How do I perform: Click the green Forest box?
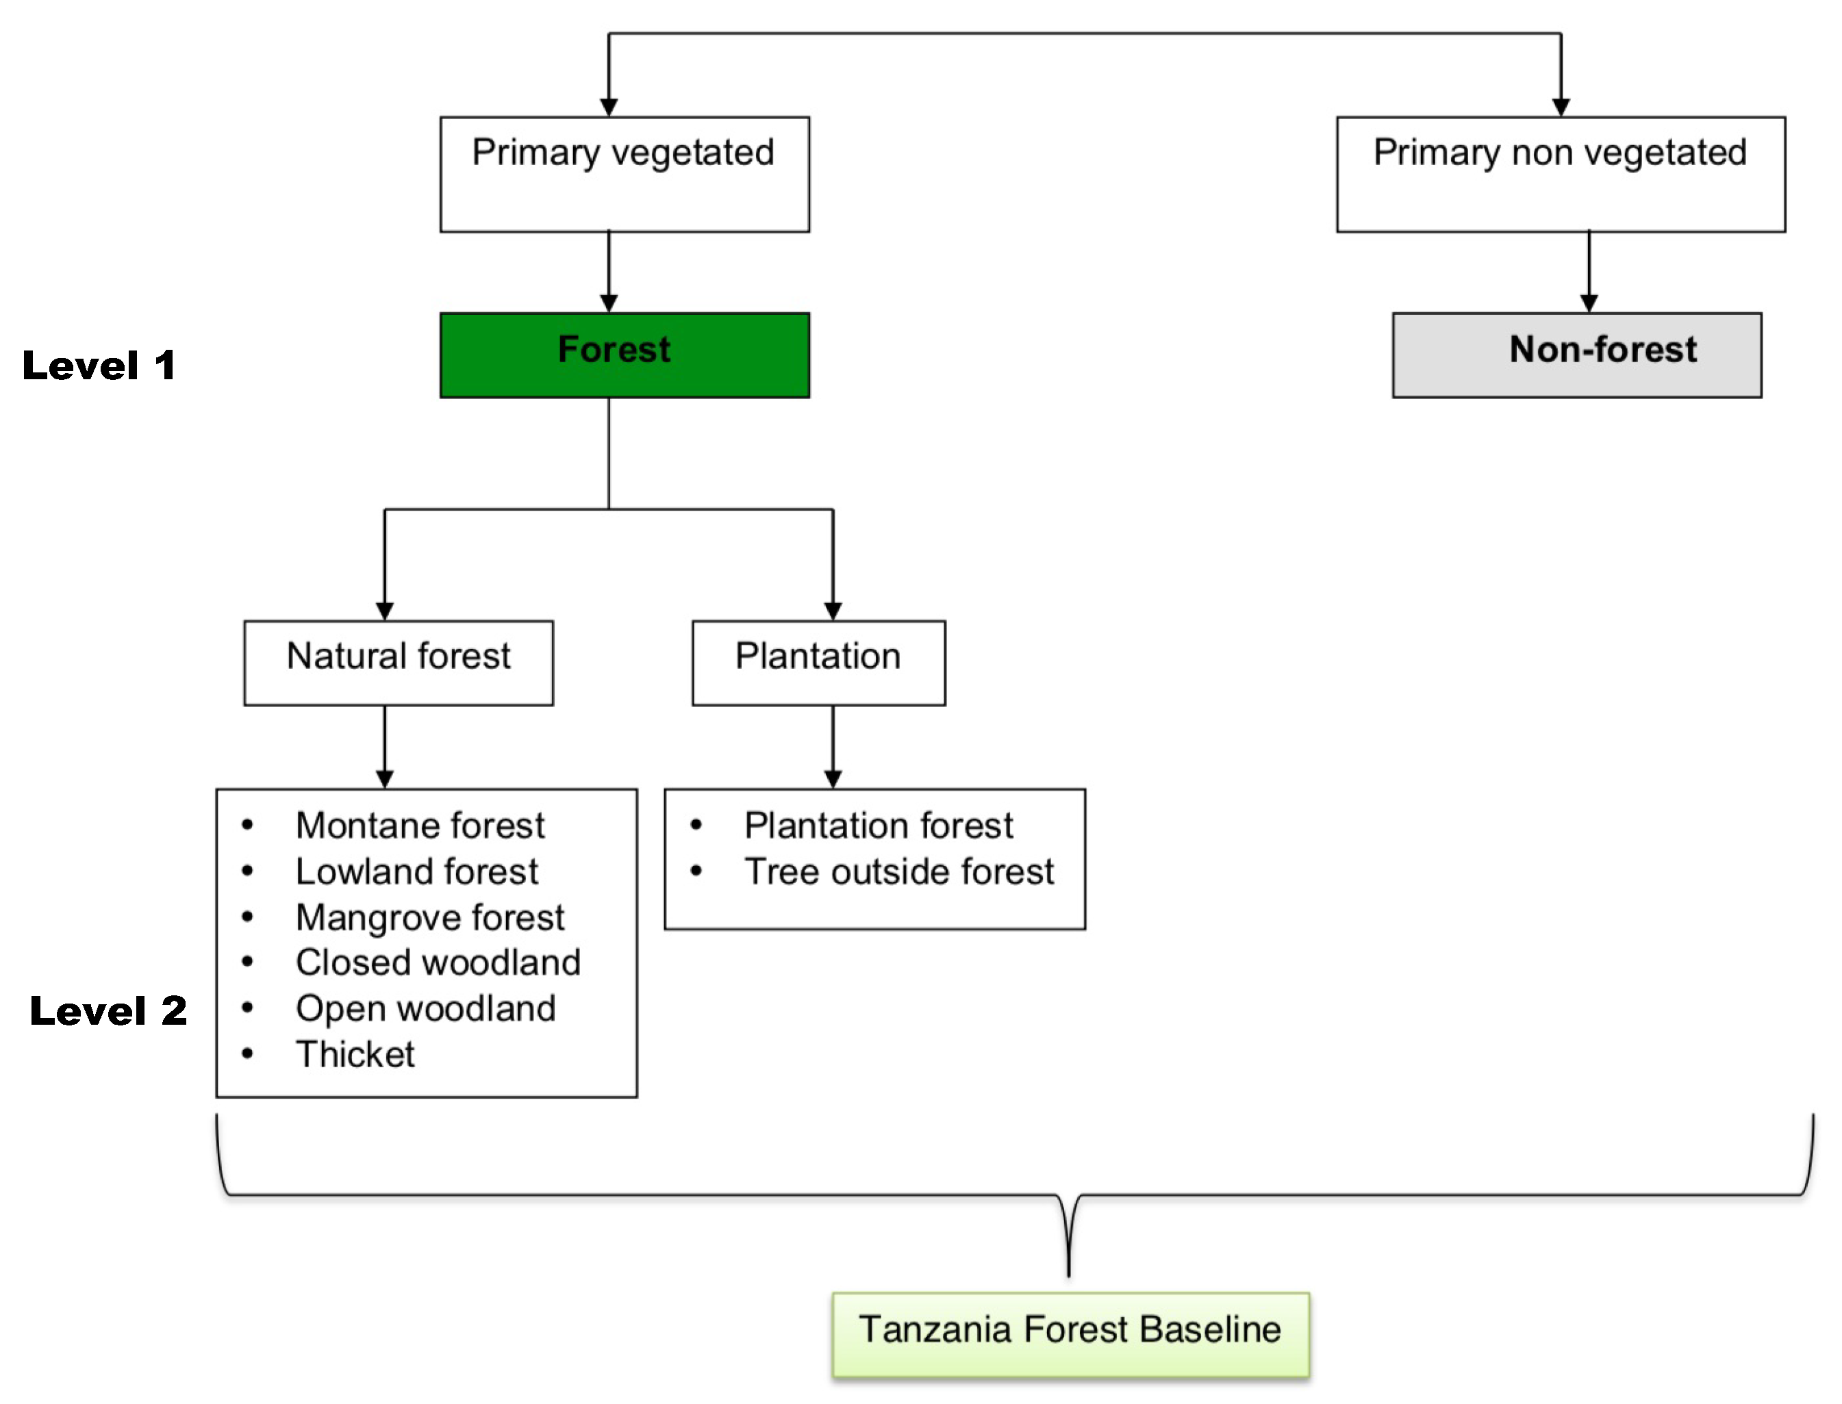[624, 355]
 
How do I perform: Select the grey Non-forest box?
[1576, 355]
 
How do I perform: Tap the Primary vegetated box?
[624, 174]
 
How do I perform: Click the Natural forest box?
[399, 663]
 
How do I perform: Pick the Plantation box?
[818, 663]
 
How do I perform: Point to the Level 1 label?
[99, 366]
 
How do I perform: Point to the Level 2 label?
[108, 1010]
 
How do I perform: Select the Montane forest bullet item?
[420, 826]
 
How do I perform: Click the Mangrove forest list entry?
[429, 917]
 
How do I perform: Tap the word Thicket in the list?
[355, 1055]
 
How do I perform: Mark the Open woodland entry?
[425, 1009]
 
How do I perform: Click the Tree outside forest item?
[898, 871]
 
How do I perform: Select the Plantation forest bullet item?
[878, 826]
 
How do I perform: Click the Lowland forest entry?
[416, 871]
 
